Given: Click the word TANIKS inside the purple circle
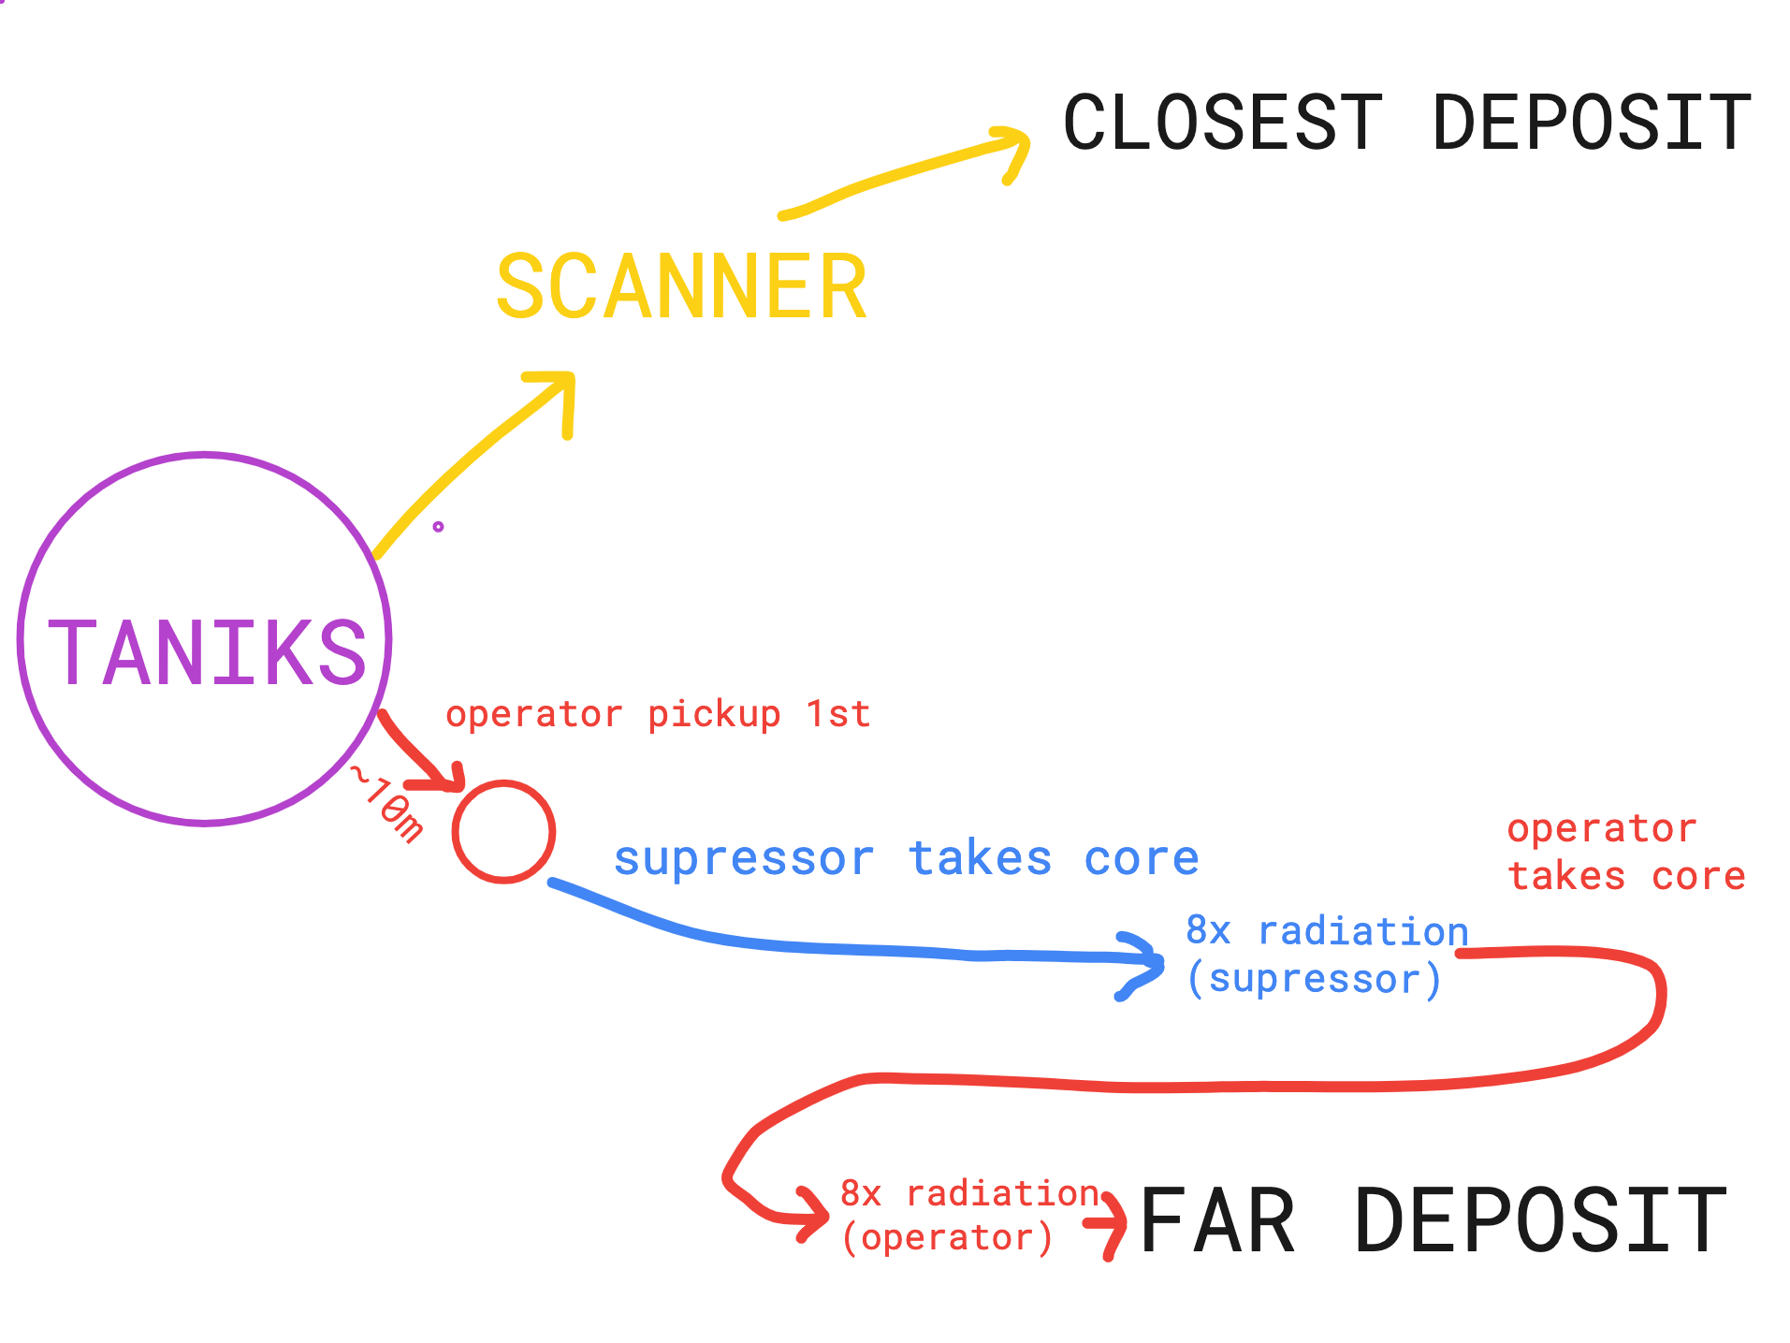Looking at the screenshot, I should (x=206, y=652).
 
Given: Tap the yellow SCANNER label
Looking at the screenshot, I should (x=681, y=287).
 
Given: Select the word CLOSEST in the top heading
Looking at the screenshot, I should (x=1222, y=123).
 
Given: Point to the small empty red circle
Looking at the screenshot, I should (x=503, y=832).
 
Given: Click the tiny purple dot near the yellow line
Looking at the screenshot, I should (x=438, y=527).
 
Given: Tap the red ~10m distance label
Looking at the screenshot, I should (x=386, y=804).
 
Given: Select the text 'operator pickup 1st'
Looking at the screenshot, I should (x=658, y=715).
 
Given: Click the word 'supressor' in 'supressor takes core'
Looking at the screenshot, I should (x=744, y=859).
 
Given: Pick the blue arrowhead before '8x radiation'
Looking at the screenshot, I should (x=1144, y=963).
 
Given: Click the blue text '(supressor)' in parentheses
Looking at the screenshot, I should (x=1314, y=980).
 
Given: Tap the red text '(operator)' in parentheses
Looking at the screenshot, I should (x=947, y=1238).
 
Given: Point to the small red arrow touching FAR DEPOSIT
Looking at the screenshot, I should (x=1108, y=1224).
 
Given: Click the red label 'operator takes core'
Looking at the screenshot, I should (x=1626, y=853).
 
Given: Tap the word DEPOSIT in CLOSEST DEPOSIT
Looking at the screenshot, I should (x=1592, y=123).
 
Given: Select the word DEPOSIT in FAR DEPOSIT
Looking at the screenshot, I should (x=1540, y=1220).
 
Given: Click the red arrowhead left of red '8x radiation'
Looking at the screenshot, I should (x=810, y=1214).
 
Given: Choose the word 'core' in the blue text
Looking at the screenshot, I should (x=1142, y=859).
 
